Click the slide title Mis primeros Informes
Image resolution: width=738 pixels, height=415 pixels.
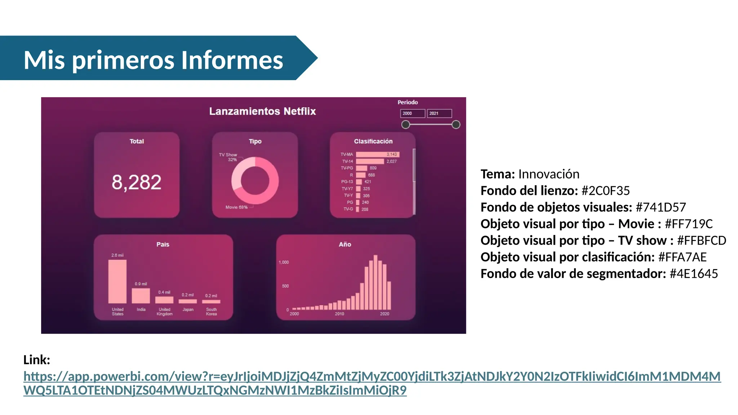point(153,60)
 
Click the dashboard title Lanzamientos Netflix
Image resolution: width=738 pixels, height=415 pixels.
point(262,111)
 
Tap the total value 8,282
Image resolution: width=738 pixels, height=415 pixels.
point(136,182)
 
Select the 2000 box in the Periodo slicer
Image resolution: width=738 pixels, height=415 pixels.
point(412,113)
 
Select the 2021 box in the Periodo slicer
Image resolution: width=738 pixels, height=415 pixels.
point(439,113)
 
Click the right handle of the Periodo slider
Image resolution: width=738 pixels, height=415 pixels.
point(456,125)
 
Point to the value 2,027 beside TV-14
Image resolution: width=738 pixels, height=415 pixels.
point(391,161)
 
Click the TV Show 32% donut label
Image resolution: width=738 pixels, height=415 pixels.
point(228,157)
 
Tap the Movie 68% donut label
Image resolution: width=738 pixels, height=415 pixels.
point(236,207)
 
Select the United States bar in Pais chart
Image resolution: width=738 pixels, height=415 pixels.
point(117,281)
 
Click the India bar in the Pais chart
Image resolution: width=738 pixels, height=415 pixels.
point(141,296)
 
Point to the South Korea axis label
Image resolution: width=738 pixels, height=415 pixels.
point(212,312)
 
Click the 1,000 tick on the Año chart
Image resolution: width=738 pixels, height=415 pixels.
point(284,262)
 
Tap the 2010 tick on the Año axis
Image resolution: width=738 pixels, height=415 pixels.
point(339,314)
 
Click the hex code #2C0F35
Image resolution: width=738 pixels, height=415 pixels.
point(606,191)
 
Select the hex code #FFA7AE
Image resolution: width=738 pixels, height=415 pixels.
point(682,257)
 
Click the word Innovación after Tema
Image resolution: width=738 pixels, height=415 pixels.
point(549,174)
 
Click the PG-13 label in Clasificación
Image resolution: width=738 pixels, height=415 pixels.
point(347,182)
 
